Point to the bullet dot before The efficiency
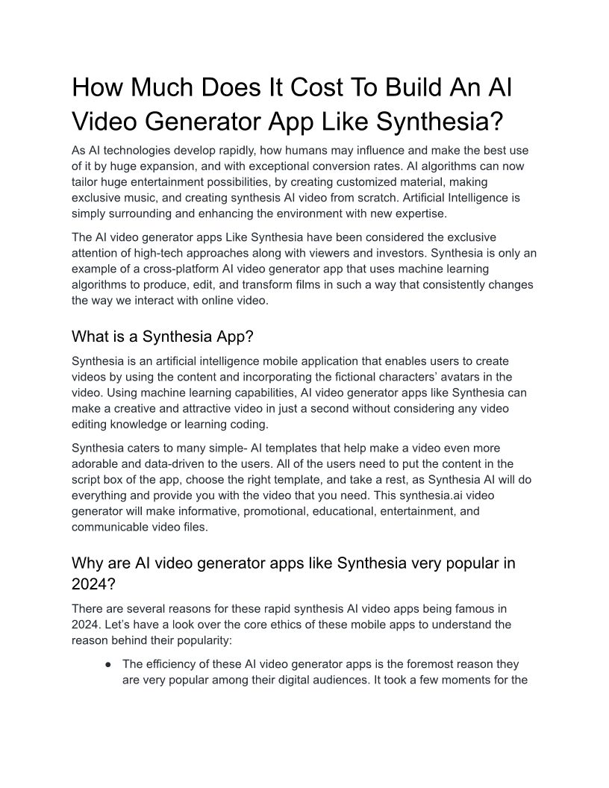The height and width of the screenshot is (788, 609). point(109,663)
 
